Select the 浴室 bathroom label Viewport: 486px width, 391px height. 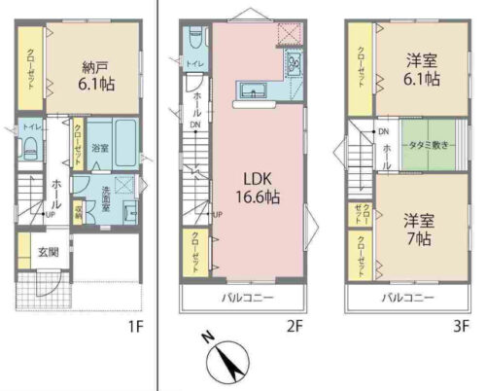pos(100,148)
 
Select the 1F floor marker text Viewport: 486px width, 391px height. pos(135,325)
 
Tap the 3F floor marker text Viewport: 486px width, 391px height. pos(463,325)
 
